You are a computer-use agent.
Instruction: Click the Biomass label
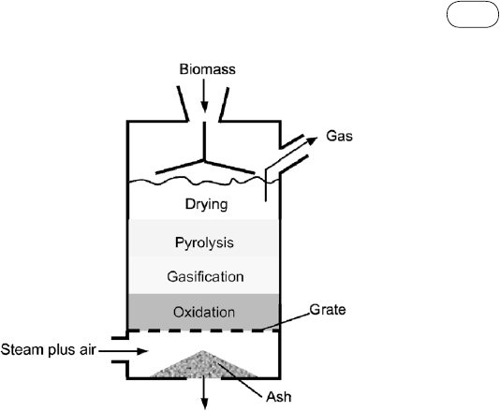coord(207,69)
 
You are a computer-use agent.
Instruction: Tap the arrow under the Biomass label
coord(204,95)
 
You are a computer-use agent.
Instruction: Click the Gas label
coord(339,136)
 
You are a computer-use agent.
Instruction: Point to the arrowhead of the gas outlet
coord(312,139)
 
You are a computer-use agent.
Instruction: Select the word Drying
coord(206,204)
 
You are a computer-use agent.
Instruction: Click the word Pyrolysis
coord(204,242)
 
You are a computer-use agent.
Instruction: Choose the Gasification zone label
coord(205,276)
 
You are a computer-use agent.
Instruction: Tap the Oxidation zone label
coord(204,312)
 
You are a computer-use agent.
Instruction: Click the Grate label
coord(328,310)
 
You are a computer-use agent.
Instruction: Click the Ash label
coord(279,397)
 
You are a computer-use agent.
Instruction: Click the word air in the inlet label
coord(87,350)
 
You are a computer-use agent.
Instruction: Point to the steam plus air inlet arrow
coord(124,351)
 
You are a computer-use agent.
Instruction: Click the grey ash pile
coord(203,366)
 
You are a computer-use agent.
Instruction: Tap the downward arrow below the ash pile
coord(204,393)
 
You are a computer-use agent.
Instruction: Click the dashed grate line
coord(204,330)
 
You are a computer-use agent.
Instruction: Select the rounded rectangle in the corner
coord(473,14)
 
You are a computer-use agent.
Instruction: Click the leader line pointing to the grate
coord(285,321)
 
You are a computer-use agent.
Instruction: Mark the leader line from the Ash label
coord(241,380)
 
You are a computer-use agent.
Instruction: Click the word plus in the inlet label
coord(62,351)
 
